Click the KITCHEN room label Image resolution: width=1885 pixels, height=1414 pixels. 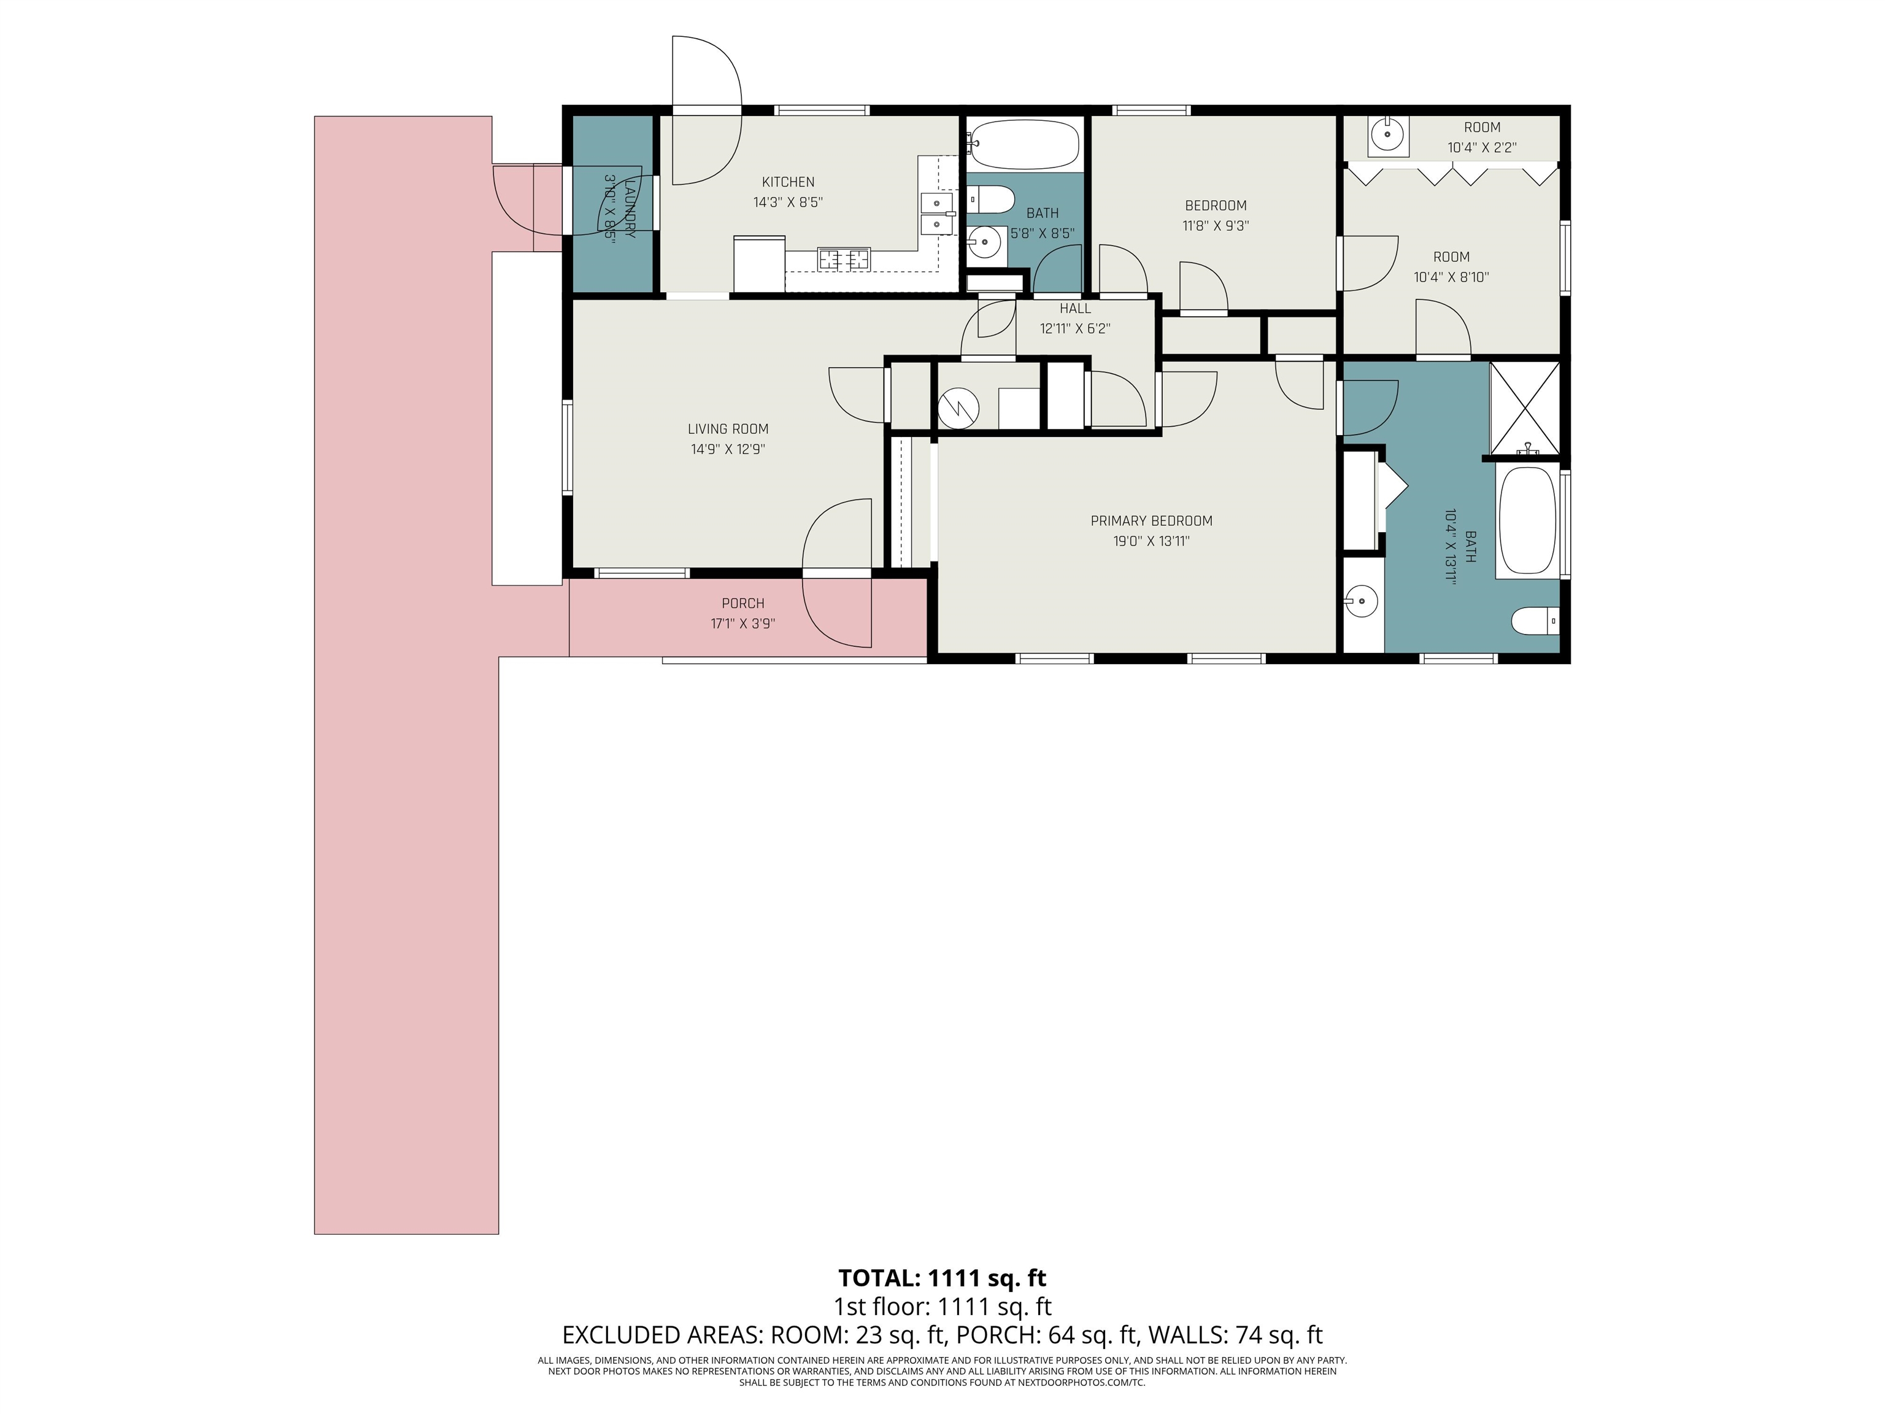(787, 182)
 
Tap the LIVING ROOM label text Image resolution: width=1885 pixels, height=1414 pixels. (728, 429)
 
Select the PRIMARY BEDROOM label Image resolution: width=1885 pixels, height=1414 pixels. (1151, 521)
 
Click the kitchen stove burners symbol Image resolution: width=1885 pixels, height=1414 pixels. (844, 258)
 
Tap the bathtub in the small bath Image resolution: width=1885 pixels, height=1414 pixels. (1023, 145)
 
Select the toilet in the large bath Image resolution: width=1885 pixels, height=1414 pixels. (1535, 620)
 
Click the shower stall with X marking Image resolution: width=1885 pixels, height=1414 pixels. (1525, 408)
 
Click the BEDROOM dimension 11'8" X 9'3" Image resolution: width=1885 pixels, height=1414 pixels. (1215, 226)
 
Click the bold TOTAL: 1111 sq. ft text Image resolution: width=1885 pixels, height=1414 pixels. (942, 1278)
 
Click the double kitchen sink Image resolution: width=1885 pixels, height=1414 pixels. (936, 213)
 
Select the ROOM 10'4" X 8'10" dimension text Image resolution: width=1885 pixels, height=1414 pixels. (1451, 277)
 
